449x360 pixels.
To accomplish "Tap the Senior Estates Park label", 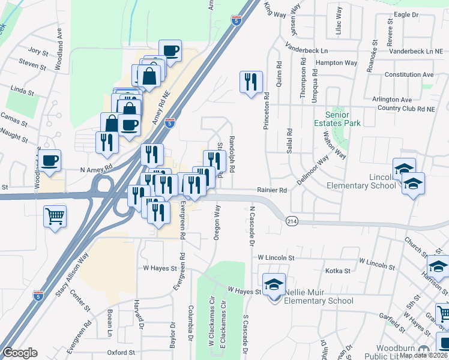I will pos(343,119).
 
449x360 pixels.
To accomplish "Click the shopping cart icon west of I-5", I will pos(55,215).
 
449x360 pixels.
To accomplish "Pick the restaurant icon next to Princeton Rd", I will pos(251,81).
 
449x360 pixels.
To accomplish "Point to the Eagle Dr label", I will pos(406,14).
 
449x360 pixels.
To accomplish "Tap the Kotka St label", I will pos(337,271).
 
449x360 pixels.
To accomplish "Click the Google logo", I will pos(20,353).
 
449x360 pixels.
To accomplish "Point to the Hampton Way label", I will pos(336,62).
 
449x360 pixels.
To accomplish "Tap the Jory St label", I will pos(37,52).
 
